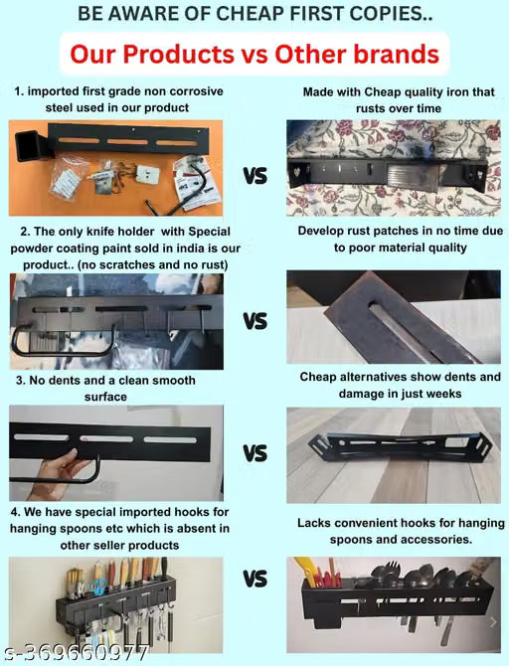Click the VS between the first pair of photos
click(x=255, y=176)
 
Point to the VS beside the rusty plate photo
click(x=255, y=321)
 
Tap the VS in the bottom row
click(x=255, y=579)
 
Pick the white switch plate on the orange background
click(x=147, y=174)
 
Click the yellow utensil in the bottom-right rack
click(x=307, y=571)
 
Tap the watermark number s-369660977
click(x=76, y=653)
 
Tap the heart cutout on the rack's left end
click(x=296, y=171)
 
